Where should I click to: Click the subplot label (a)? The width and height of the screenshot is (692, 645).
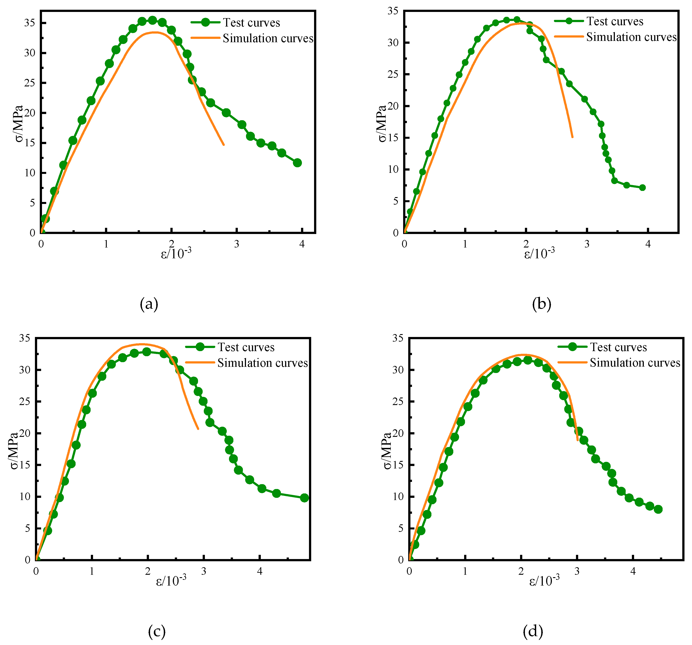(x=149, y=304)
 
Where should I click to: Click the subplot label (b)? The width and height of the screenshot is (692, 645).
(x=542, y=304)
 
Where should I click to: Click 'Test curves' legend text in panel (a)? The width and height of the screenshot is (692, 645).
(x=251, y=23)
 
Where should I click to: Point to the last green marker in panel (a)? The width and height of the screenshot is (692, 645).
(x=297, y=163)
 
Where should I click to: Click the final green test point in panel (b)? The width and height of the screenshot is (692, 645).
(x=642, y=187)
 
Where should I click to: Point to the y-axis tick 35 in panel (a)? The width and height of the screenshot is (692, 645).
(x=30, y=23)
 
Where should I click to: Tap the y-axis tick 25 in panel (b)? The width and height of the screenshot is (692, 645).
(x=393, y=74)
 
